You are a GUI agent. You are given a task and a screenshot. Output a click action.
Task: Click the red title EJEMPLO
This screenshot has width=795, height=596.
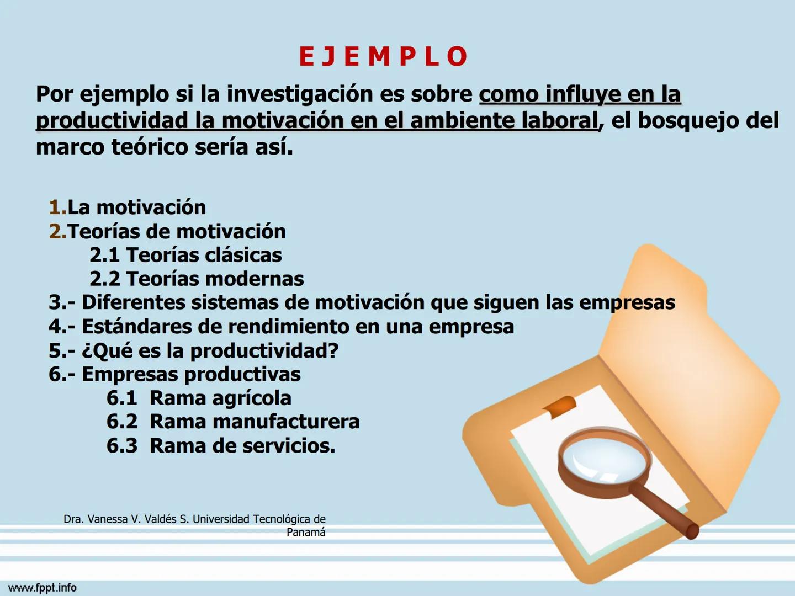(x=383, y=56)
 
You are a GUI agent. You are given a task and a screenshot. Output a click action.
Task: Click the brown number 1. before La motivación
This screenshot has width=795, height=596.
(x=57, y=207)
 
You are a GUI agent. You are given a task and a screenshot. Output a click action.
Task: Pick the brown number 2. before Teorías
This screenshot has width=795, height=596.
(x=57, y=231)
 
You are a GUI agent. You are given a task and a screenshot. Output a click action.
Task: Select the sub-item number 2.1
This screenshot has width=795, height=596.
(x=105, y=255)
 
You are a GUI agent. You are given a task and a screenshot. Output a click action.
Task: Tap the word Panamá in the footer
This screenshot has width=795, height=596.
(x=306, y=533)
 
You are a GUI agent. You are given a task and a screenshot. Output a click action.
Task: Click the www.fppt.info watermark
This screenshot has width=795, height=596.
(x=43, y=588)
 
